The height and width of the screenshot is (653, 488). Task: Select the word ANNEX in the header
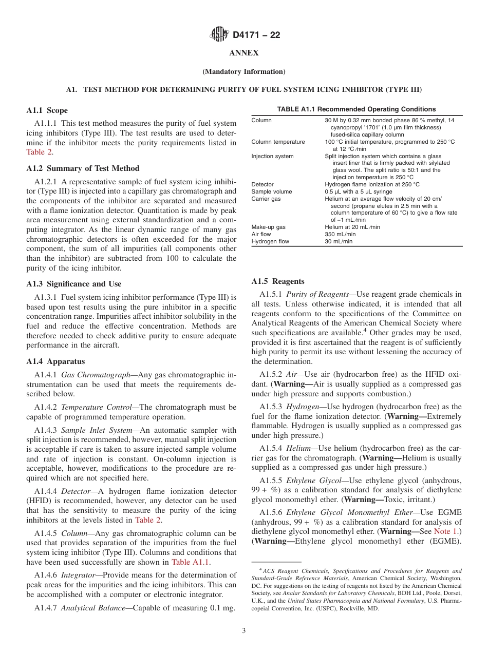coord(243,53)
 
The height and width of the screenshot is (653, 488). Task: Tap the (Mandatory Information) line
coord(243,71)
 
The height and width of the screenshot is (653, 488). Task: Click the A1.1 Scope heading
coord(47,110)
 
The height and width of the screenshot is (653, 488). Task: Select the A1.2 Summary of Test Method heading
coord(82,168)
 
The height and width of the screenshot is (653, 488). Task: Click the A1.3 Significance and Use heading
coord(73,284)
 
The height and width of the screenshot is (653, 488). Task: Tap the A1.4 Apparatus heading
coord(55,361)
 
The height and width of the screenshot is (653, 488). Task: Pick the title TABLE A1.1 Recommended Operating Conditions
coord(356,109)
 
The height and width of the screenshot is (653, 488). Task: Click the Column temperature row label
coord(278,142)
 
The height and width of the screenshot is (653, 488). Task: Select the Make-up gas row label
coord(268,227)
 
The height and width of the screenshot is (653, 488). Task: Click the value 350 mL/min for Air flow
coord(340,234)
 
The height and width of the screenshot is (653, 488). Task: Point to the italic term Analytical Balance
coord(95,608)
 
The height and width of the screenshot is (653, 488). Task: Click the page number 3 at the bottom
coord(243,631)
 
